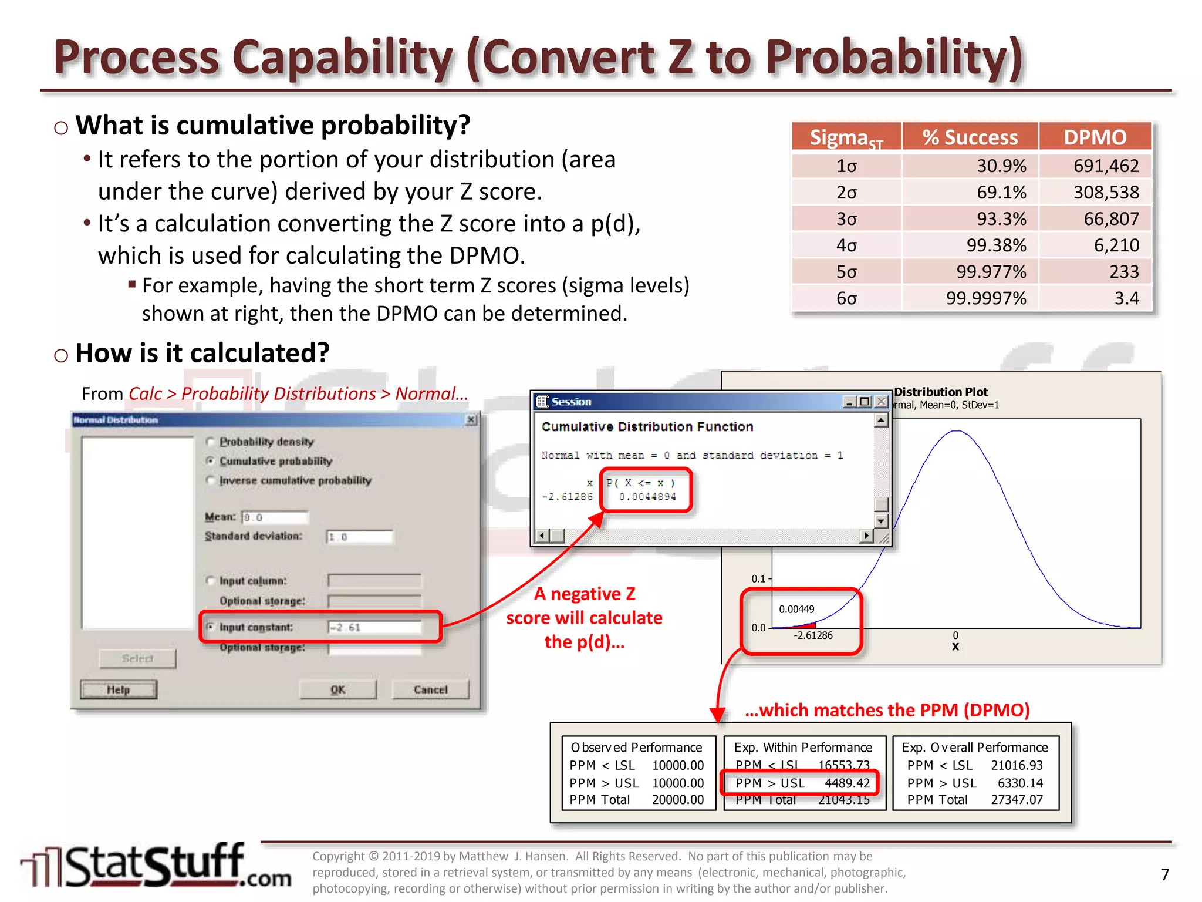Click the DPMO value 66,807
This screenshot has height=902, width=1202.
click(x=1110, y=219)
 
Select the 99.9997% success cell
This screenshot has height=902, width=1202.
click(x=986, y=298)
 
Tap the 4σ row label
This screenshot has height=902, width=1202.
click(x=846, y=245)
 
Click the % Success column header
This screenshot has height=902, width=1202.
click(x=970, y=137)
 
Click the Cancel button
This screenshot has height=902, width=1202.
click(x=430, y=689)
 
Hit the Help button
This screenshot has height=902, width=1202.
click(x=119, y=689)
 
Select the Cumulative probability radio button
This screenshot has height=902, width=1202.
click(x=211, y=461)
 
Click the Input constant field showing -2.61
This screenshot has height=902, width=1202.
click(x=374, y=627)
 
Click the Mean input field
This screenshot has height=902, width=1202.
click(x=275, y=517)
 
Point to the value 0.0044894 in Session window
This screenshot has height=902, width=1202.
click(x=647, y=497)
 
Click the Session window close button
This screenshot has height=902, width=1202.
click(x=881, y=402)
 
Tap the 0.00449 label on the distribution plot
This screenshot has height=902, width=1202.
click(x=796, y=610)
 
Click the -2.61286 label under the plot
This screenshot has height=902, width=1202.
click(x=813, y=635)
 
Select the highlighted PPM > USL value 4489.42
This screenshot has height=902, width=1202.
click(x=847, y=783)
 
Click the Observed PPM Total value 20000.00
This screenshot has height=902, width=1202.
click(x=677, y=800)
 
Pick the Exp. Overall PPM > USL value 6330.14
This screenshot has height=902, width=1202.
click(x=1020, y=783)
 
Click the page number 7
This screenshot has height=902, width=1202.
click(x=1165, y=875)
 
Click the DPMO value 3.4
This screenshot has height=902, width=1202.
click(x=1126, y=298)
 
